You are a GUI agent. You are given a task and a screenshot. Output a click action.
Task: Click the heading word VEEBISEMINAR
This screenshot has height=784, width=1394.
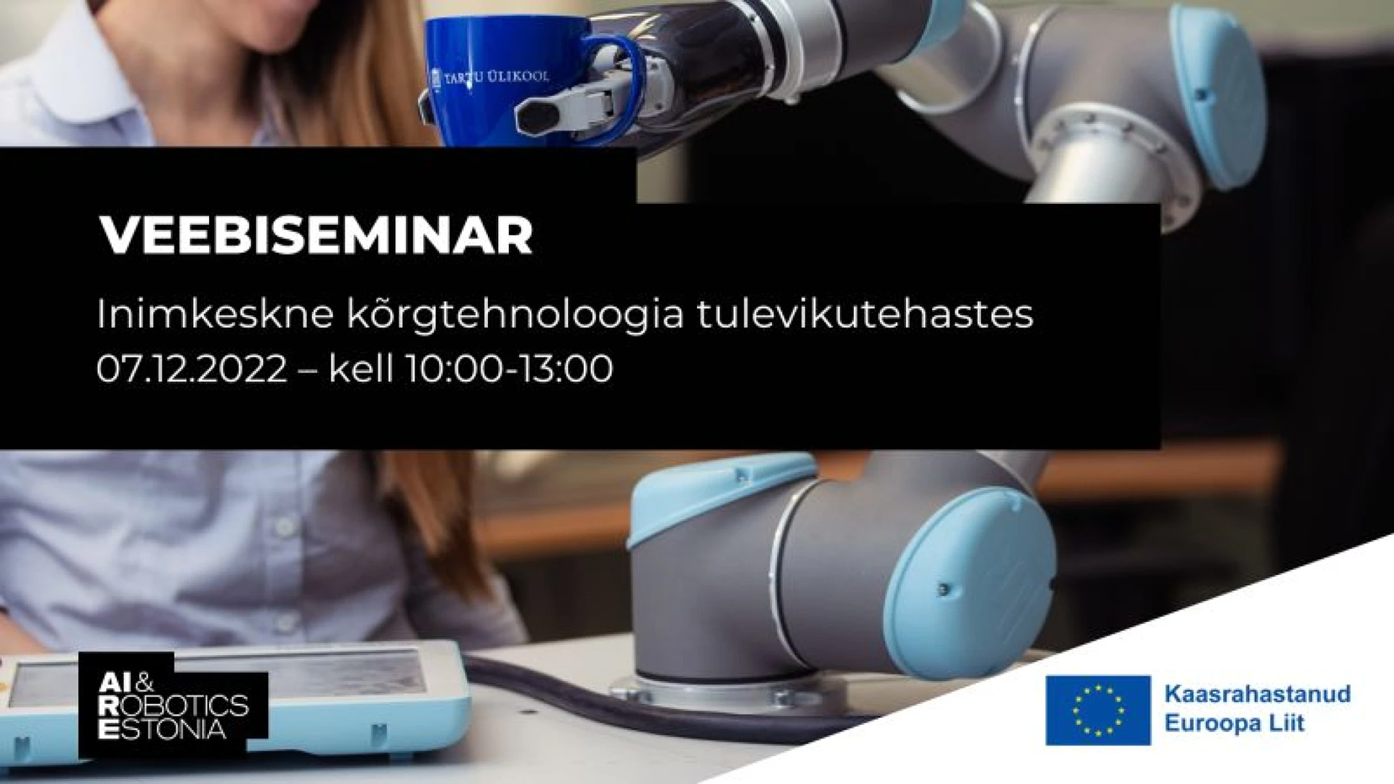coord(316,234)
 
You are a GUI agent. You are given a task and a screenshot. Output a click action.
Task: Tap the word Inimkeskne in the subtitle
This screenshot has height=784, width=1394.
coord(215,314)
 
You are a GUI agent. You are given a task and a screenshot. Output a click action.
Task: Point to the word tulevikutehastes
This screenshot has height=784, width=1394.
coord(865,314)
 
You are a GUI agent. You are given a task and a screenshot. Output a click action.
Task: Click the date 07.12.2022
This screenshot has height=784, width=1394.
coord(192,369)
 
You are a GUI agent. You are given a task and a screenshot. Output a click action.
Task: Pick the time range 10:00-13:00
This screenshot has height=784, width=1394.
coord(509,369)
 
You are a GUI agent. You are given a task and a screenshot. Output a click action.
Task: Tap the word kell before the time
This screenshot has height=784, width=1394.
coord(361,368)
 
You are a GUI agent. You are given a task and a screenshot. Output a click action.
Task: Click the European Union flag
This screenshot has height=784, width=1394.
coord(1098,710)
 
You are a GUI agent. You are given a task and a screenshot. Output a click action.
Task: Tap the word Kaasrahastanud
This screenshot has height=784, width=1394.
coord(1258,693)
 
